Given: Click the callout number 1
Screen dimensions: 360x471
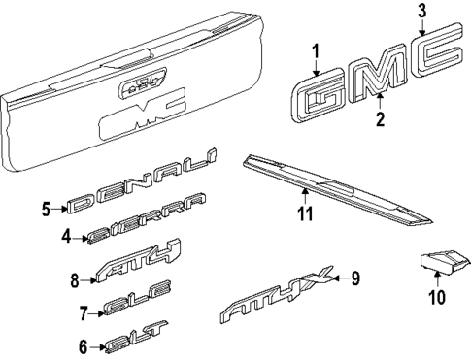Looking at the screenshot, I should point(315,50).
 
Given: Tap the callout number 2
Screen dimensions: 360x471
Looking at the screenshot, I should point(381,120).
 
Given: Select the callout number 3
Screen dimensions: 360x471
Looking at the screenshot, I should point(421,12).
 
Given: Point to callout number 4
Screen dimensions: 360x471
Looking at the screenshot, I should point(66,235).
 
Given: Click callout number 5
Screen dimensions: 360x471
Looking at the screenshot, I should point(45,207).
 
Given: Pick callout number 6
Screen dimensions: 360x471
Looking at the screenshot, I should point(84,344).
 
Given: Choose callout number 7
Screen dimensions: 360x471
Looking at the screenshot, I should point(84,312).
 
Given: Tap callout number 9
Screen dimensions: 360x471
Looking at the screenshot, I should point(354,279).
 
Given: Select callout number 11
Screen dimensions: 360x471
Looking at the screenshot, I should point(304,213).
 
